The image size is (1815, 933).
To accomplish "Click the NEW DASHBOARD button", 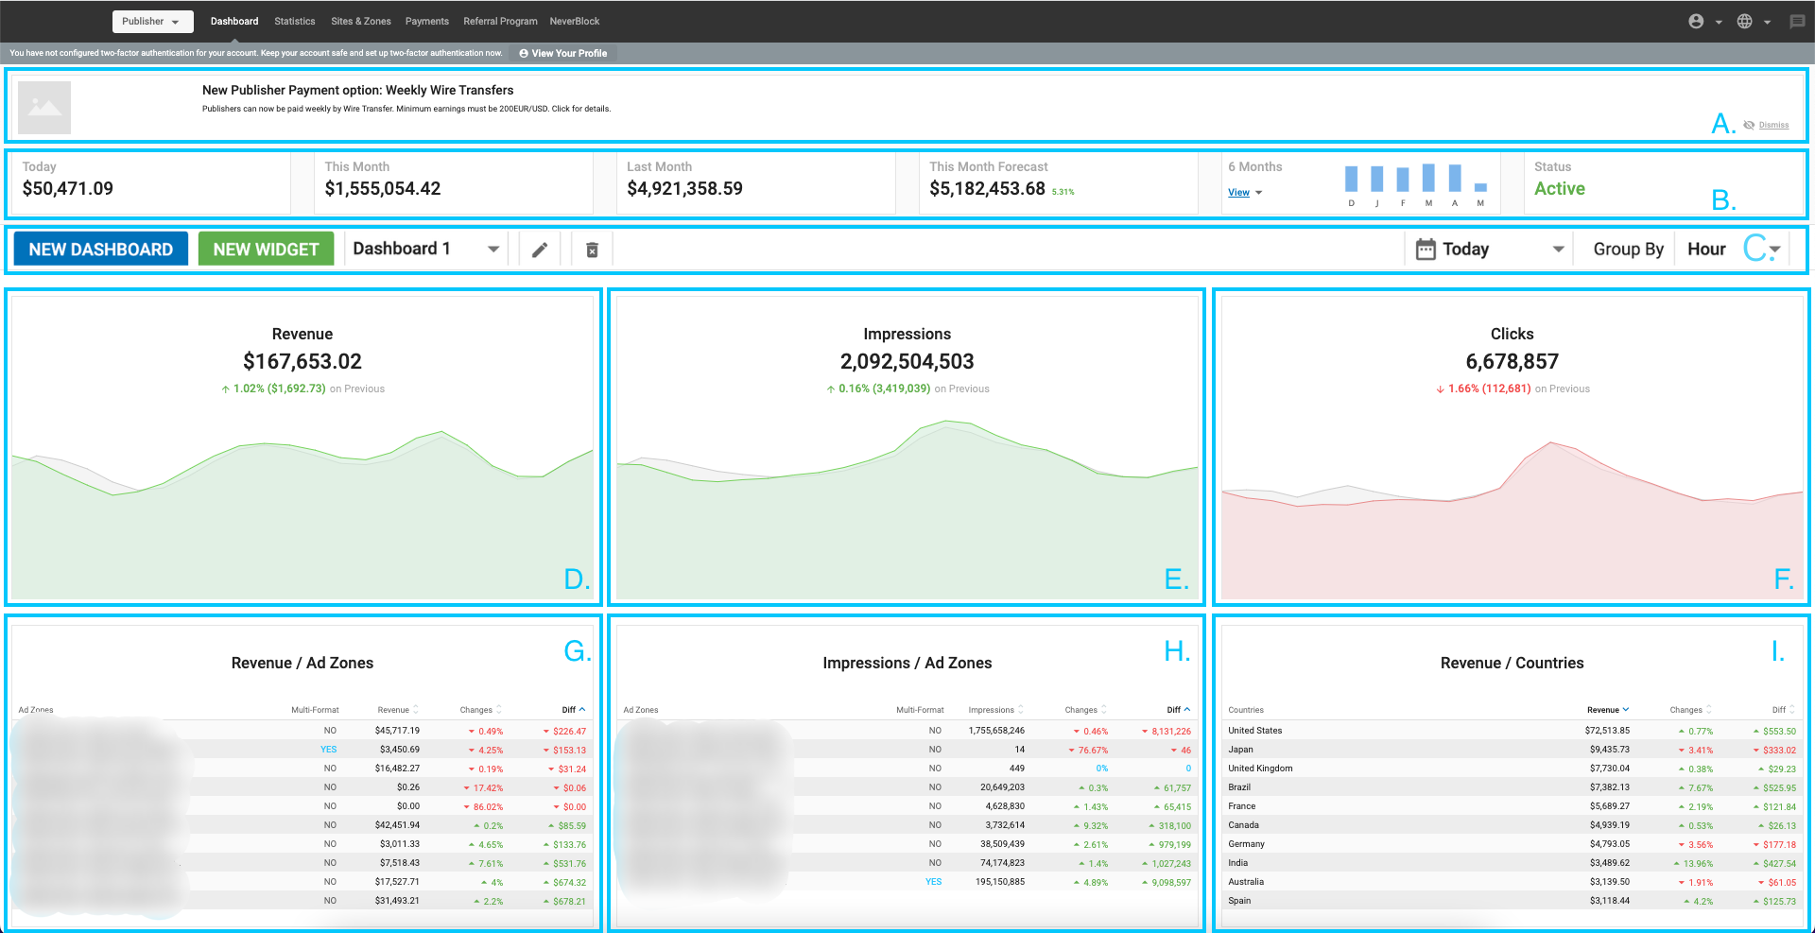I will [100, 250].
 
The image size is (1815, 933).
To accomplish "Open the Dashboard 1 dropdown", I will [425, 250].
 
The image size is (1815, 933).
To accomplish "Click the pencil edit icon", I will [540, 250].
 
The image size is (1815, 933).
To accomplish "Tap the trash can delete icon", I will [592, 250].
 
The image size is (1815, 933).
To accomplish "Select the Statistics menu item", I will [294, 21].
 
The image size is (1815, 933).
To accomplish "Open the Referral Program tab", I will [500, 21].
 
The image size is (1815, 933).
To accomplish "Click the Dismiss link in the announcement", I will [1773, 125].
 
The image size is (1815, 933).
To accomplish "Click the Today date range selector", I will [1489, 250].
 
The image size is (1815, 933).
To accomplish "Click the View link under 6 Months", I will [1238, 193].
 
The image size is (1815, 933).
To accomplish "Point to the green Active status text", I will [1559, 189].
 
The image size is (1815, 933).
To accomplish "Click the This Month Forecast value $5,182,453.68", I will [987, 189].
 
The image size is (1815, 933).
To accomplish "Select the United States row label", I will [1254, 731].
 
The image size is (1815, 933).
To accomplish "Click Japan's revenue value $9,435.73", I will [1609, 750].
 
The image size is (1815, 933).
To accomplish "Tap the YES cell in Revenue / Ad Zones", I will [328, 750].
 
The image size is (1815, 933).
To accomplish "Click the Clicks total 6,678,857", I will [1512, 361].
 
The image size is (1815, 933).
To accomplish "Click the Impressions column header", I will [991, 710].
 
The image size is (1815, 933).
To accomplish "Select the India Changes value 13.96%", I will [1698, 863].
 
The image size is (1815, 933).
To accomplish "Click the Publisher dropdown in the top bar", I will [152, 21].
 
